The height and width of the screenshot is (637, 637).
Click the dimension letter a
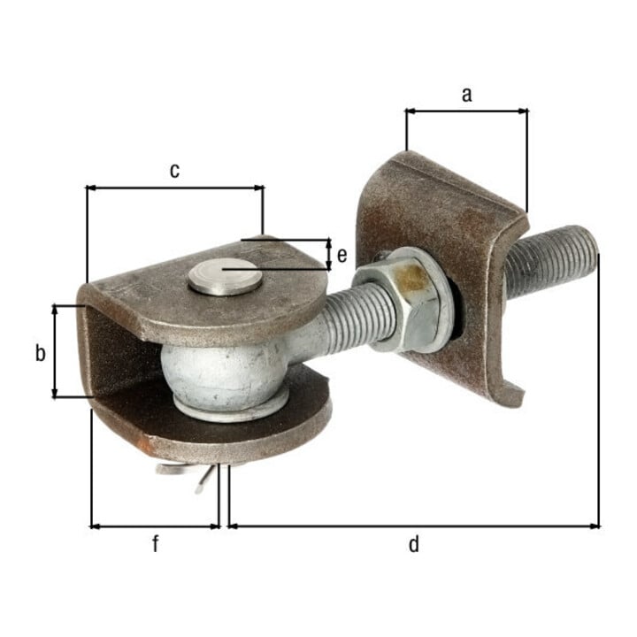[467, 95]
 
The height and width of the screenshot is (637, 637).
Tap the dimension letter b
[40, 353]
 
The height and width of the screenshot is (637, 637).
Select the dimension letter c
[174, 171]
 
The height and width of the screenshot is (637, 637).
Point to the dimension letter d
[413, 543]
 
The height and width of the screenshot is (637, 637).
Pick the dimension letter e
[342, 256]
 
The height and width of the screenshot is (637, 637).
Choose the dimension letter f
[155, 543]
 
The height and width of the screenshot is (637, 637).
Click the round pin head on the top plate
[225, 277]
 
